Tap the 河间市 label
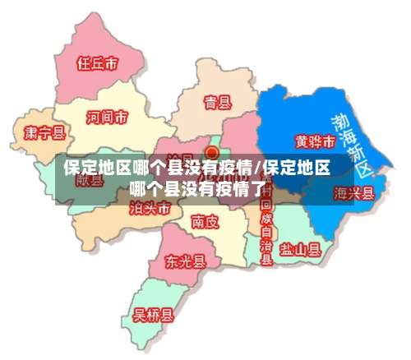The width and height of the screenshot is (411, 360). tap(107, 118)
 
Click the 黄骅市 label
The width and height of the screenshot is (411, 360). tap(314, 141)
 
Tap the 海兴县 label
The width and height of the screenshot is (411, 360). tap(354, 194)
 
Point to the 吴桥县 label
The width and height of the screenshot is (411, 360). tap(154, 314)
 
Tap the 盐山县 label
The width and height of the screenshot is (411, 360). tap(299, 248)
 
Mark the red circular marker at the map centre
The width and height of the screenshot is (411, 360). tap(212, 153)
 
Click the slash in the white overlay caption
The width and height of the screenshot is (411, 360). tap(257, 169)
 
